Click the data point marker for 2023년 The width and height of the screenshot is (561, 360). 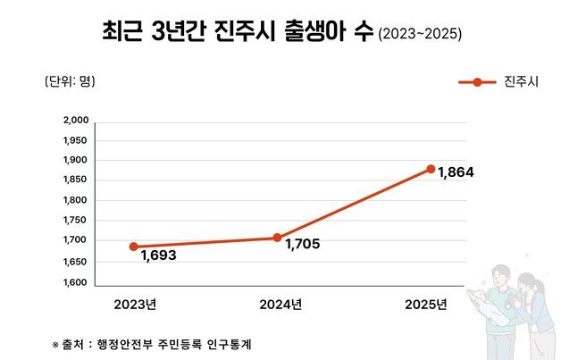tap(134, 247)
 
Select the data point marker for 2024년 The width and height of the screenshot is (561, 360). tap(277, 238)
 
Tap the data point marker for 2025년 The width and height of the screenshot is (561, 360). tap(431, 169)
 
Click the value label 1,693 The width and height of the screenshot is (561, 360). tap(158, 256)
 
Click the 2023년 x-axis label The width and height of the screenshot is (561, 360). tap(135, 304)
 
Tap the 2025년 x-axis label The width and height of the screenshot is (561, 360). tap(425, 304)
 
